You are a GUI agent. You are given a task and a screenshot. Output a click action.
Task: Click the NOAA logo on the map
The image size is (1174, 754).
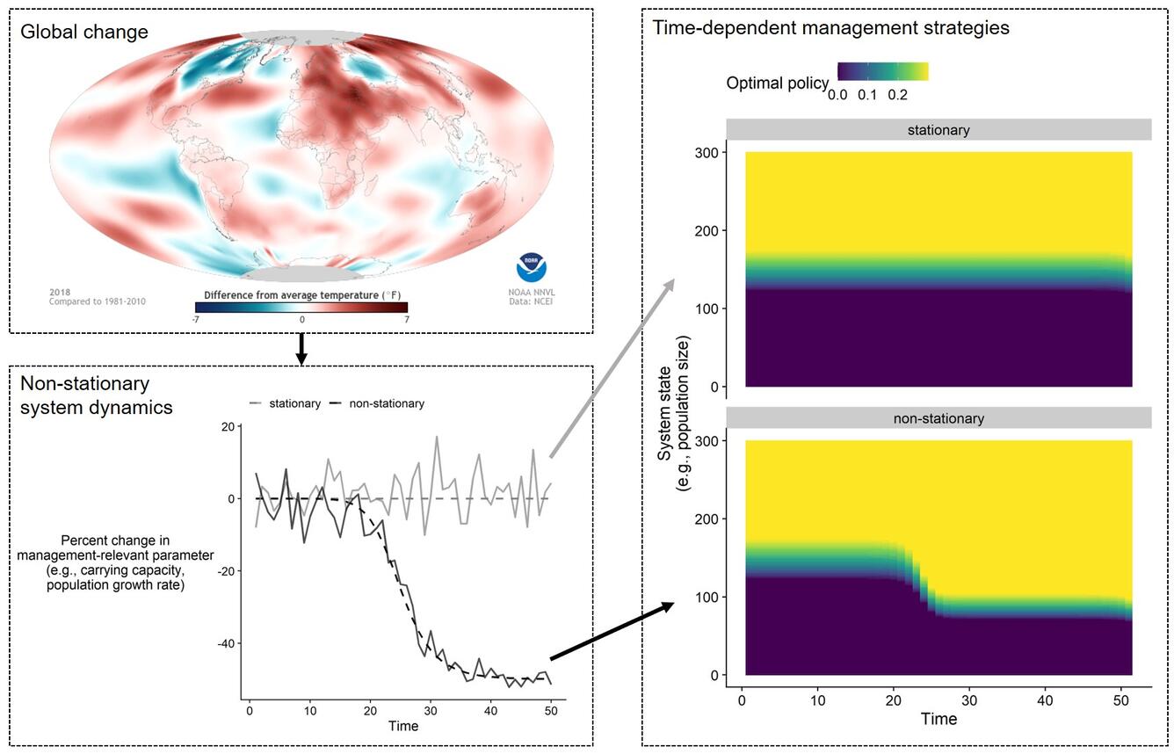tap(531, 268)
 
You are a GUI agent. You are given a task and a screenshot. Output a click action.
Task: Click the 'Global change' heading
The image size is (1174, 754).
tap(84, 33)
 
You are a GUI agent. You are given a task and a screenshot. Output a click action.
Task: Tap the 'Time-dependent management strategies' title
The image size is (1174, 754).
tap(830, 27)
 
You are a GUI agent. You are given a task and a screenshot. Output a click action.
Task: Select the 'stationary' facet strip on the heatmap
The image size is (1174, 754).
tap(938, 130)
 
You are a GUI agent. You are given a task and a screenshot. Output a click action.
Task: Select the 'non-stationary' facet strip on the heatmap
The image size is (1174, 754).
tap(938, 418)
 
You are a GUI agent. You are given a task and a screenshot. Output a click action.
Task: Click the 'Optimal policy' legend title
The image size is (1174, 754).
tap(777, 83)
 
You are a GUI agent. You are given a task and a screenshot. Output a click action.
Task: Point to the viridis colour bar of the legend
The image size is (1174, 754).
tap(882, 71)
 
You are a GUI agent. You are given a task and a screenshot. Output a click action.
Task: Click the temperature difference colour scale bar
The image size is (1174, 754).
tap(301, 307)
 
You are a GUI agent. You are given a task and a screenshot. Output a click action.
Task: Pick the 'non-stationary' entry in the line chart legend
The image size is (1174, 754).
tap(378, 403)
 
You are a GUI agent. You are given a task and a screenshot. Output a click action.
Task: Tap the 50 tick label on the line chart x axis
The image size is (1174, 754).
tap(550, 710)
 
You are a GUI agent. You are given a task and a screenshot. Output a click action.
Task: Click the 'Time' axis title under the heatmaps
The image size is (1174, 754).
tap(938, 719)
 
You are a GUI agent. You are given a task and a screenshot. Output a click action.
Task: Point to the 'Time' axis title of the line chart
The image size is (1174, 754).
tap(403, 726)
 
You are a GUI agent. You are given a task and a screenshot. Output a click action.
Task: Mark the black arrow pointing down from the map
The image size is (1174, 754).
tap(301, 349)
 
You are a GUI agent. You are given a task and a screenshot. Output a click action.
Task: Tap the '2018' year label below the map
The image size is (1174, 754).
tap(60, 292)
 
